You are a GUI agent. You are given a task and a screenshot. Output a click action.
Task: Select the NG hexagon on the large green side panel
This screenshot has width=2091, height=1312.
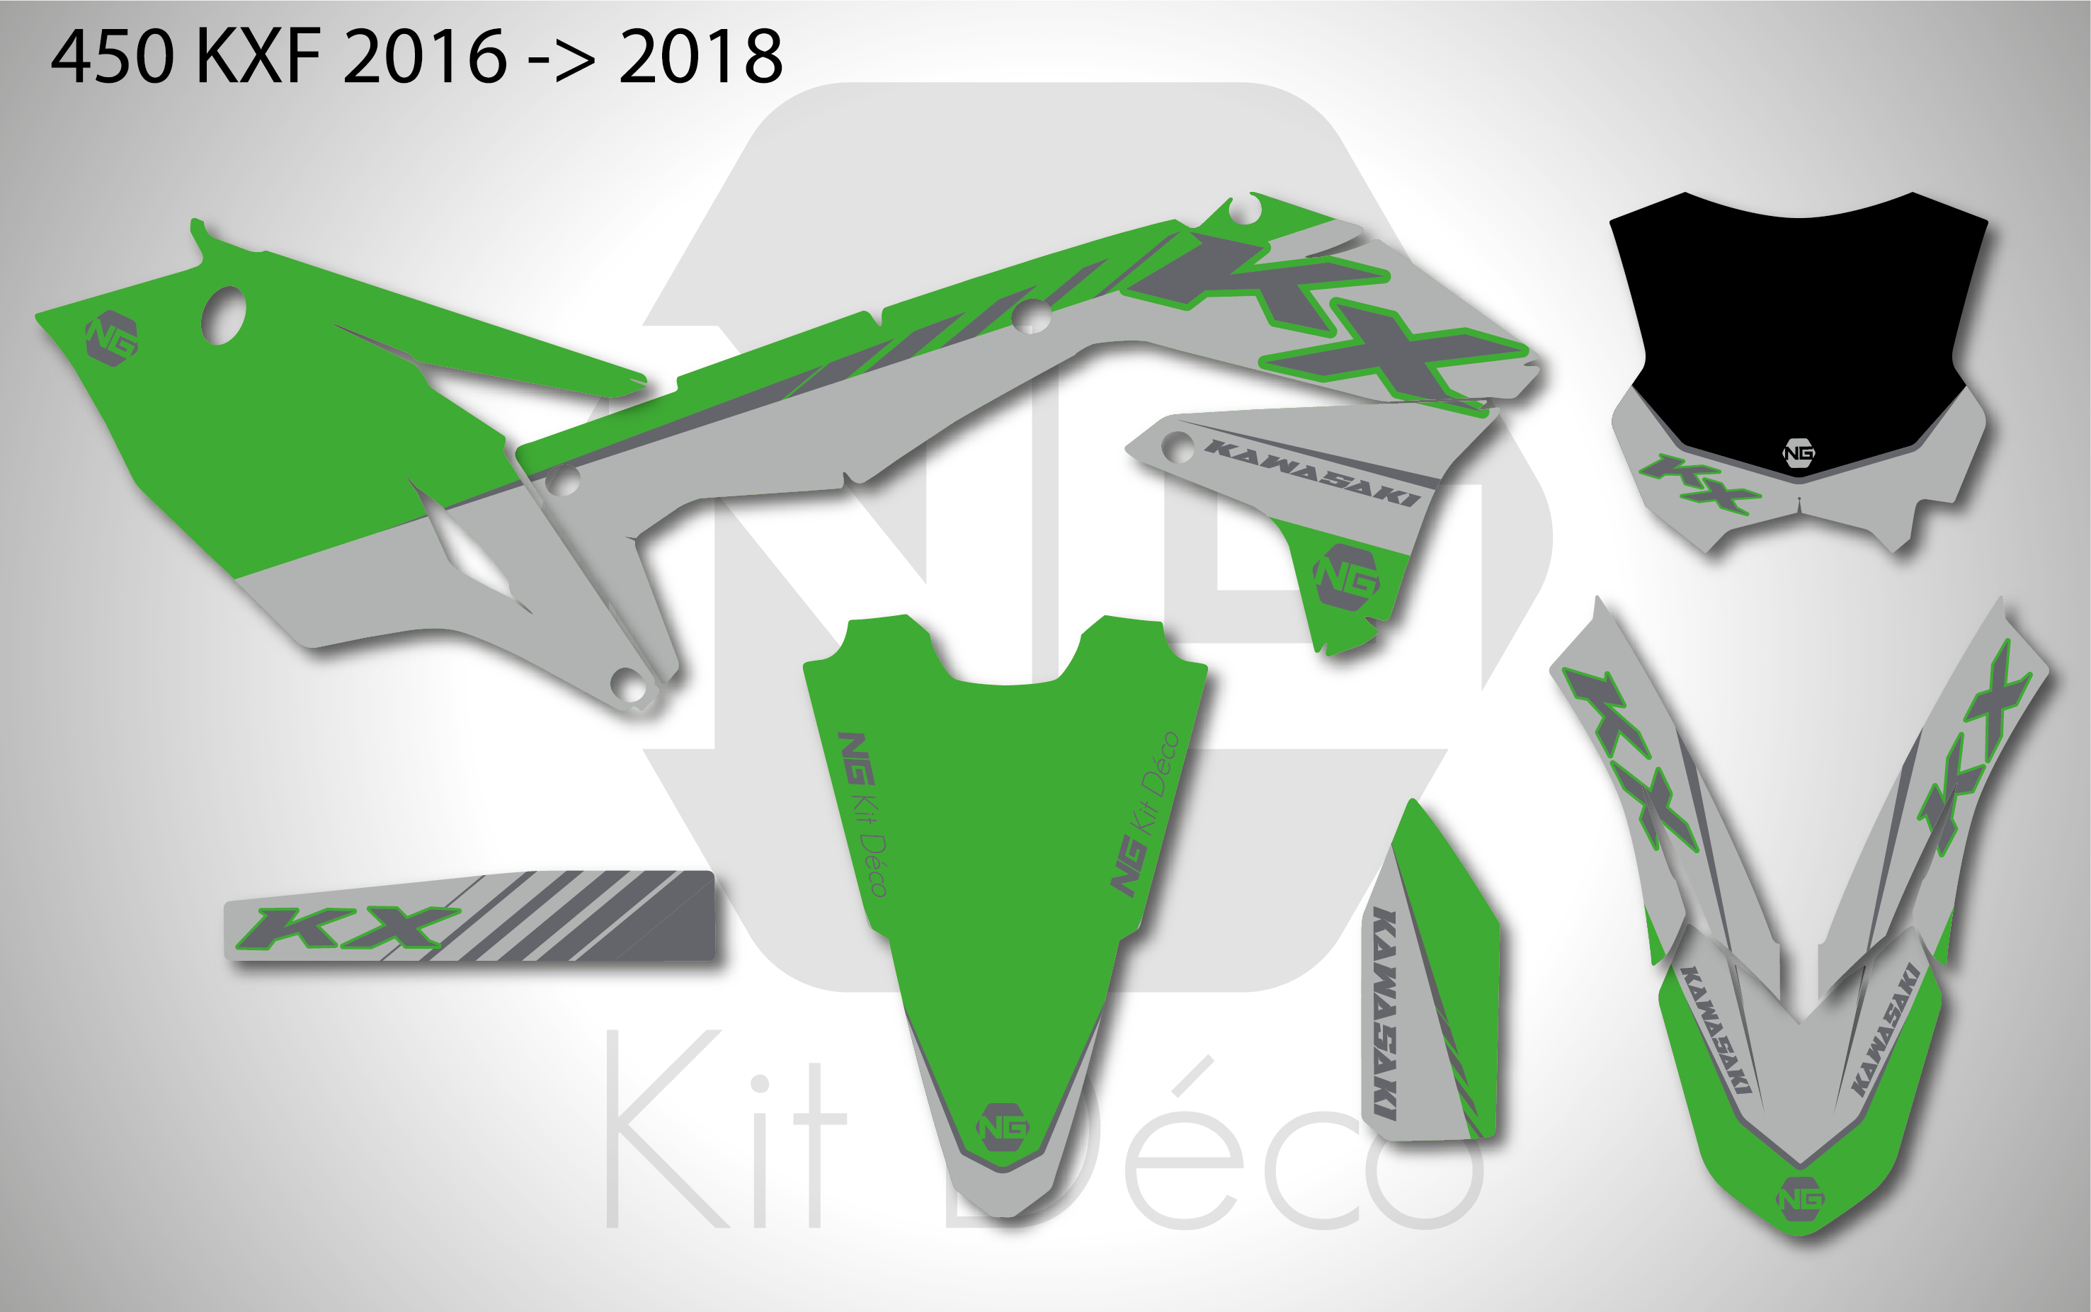112,338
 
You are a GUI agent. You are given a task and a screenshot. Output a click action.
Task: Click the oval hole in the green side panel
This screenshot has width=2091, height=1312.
223,316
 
